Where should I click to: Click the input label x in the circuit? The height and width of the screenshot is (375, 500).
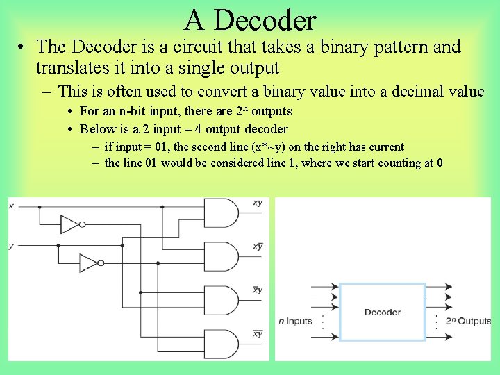[x=11, y=206]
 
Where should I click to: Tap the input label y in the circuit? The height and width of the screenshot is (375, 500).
[x=11, y=246]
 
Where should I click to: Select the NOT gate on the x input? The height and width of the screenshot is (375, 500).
[x=72, y=224]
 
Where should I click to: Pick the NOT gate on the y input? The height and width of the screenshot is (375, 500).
[x=90, y=262]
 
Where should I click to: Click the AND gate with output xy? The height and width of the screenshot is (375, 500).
[x=220, y=214]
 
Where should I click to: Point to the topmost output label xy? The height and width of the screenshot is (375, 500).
[x=258, y=203]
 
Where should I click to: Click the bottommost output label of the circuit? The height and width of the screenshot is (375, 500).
[x=258, y=333]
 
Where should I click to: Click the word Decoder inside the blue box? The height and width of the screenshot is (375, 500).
[x=382, y=312]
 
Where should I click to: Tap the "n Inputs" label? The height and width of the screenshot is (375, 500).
[x=295, y=322]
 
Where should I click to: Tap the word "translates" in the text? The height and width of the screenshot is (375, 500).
[x=74, y=68]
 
